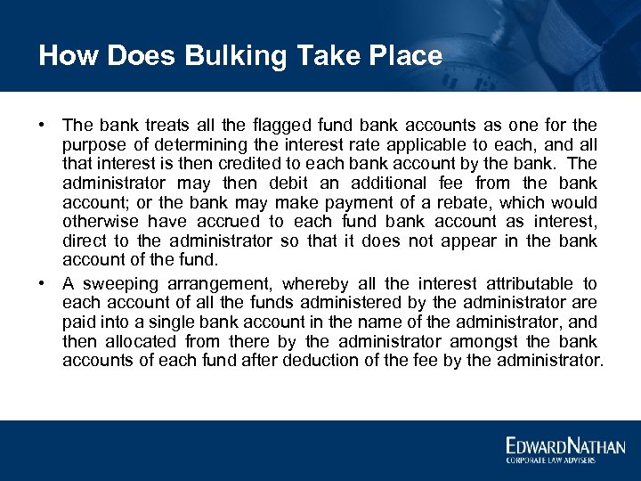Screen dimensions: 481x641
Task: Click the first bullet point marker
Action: [42, 125]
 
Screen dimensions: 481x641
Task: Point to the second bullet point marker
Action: [42, 283]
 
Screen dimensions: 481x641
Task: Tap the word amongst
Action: [476, 342]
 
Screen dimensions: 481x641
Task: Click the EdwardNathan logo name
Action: [565, 445]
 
